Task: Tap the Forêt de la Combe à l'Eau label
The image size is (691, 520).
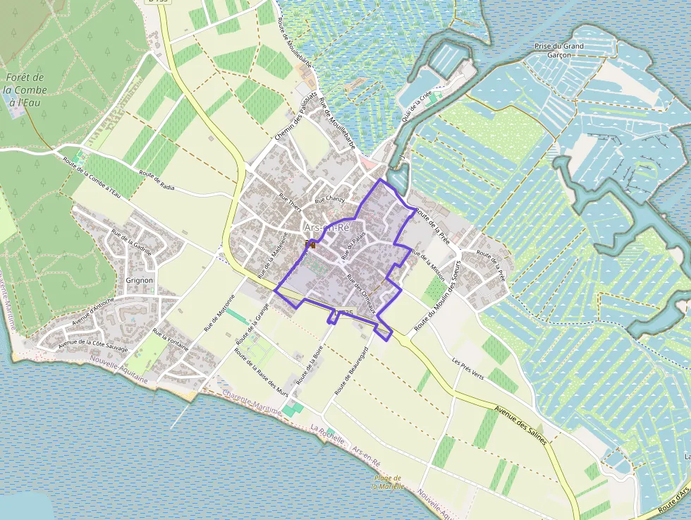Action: click(25, 90)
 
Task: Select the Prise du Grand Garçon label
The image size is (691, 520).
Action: click(559, 51)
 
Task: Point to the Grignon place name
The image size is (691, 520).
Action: click(139, 280)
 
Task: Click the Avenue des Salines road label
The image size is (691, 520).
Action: click(520, 421)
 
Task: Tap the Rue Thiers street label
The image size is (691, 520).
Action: click(290, 202)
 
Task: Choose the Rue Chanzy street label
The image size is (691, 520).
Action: click(330, 200)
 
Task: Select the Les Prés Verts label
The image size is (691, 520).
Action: click(468, 367)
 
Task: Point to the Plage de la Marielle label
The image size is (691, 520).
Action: click(389, 482)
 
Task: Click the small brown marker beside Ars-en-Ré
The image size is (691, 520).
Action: click(310, 244)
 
